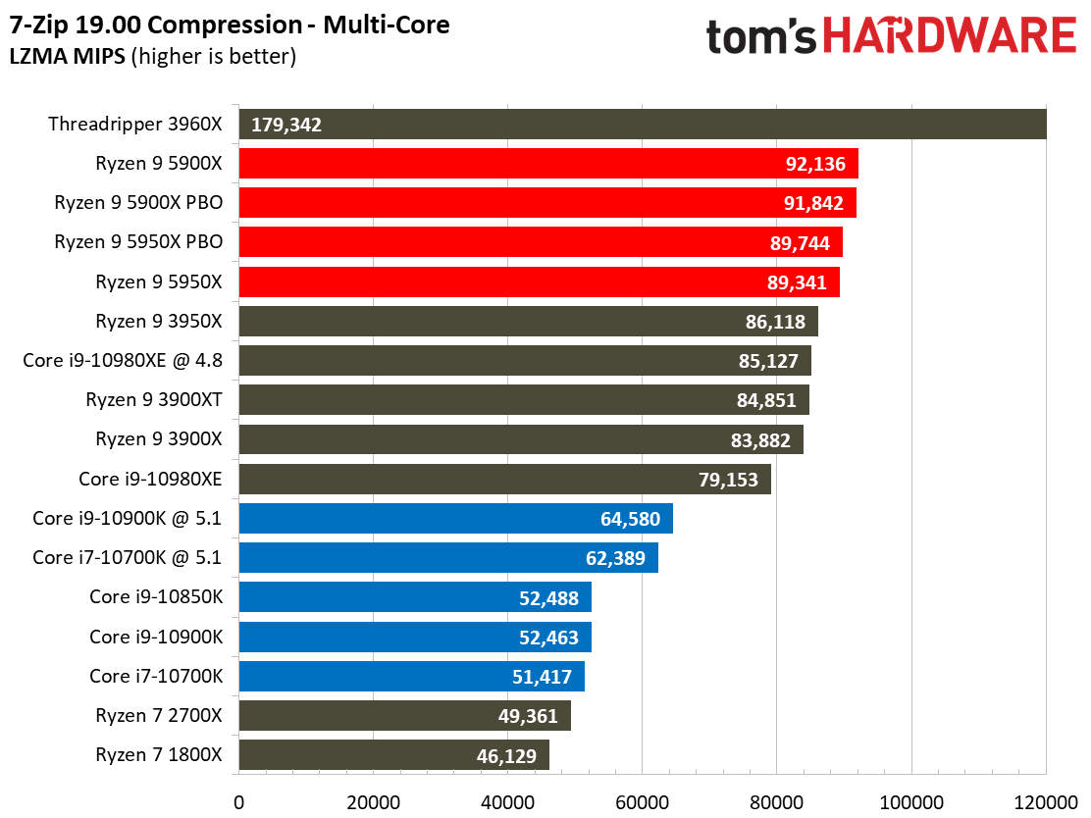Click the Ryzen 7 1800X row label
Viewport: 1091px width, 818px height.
(159, 754)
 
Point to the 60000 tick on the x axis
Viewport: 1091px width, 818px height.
(642, 800)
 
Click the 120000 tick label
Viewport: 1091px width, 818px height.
(1044, 800)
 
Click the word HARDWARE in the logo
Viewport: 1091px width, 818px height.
(949, 37)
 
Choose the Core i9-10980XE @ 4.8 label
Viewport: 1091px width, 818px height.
(123, 360)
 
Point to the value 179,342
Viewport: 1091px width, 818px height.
(286, 125)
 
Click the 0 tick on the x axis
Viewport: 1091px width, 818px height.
(238, 800)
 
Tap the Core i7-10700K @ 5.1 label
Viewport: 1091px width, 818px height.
(128, 558)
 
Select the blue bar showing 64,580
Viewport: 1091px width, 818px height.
(455, 518)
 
